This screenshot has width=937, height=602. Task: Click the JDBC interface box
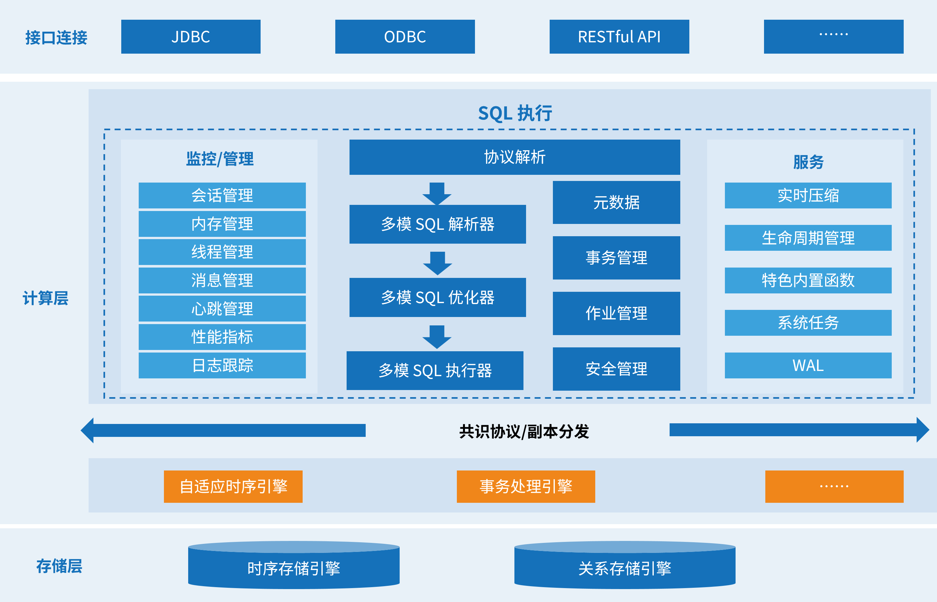coord(191,37)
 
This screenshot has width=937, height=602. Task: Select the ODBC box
coord(405,37)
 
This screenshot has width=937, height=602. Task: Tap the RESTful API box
coord(619,37)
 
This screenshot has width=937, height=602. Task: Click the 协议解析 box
coord(515,157)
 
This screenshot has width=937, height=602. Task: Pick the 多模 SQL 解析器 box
coord(437,224)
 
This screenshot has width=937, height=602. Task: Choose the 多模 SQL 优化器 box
coord(437,298)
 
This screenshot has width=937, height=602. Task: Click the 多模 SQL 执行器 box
coord(435,371)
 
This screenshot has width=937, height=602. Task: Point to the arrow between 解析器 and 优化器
coord(437,263)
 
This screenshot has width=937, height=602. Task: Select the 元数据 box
coord(616,203)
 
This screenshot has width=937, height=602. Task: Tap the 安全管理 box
coord(616,369)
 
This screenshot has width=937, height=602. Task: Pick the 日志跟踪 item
coord(222,365)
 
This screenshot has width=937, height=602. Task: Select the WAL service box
coord(808,365)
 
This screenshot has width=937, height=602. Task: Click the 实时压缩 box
coord(808,195)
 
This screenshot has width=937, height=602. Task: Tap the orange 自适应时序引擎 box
coord(233,487)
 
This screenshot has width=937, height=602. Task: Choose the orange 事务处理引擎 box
coord(526,487)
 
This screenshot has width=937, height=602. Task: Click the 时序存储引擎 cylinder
coord(294,568)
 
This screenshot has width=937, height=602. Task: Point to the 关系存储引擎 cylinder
coord(625,568)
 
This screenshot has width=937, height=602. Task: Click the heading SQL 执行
coord(515,113)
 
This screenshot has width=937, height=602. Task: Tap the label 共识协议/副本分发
coord(524,432)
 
